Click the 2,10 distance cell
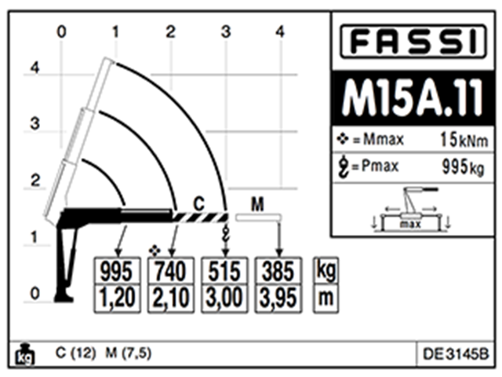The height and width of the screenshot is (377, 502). [x=172, y=297]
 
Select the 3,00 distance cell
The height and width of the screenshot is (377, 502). [x=226, y=297]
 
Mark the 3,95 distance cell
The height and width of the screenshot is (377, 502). [x=279, y=297]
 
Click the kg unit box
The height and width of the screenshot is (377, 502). [x=324, y=271]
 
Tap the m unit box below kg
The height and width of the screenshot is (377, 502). [x=324, y=297]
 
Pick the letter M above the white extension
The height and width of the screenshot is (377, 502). [x=256, y=204]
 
